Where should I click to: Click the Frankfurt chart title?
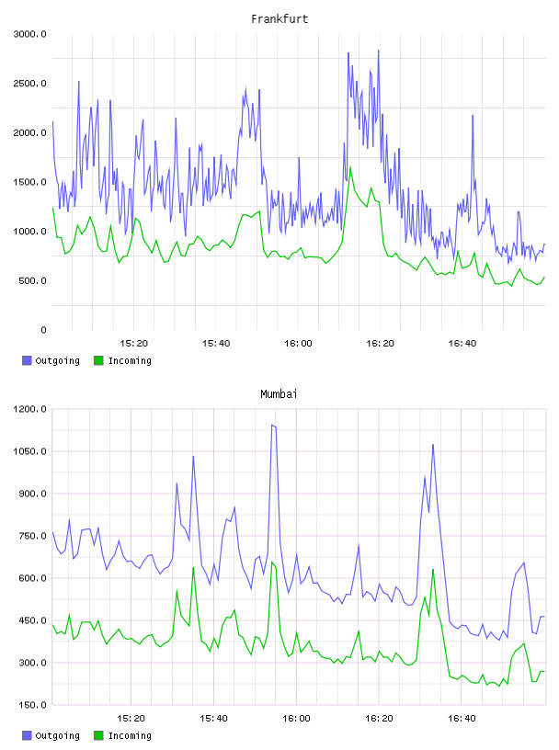point(279,19)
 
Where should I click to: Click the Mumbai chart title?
point(279,394)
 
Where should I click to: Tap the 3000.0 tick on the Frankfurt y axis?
point(30,34)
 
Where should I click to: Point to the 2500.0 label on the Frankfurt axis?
point(30,84)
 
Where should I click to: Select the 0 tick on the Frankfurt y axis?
point(43,330)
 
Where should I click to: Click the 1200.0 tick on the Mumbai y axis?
point(30,409)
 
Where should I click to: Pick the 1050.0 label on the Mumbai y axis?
point(30,451)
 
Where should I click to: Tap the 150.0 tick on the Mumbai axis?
point(32,705)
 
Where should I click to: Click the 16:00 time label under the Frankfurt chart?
point(298,344)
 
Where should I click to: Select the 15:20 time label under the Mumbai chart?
point(131,719)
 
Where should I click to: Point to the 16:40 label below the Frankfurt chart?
point(462,344)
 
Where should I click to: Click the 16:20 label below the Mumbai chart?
point(379,719)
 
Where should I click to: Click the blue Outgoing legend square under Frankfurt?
point(27,360)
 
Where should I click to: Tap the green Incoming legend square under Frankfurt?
point(98,360)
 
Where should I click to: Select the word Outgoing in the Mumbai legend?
point(57,735)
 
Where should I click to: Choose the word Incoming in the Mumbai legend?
point(130,735)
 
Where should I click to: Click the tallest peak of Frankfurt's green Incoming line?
point(350,167)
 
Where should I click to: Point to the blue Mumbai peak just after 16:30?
point(433,445)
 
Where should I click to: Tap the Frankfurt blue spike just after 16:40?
point(473,116)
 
